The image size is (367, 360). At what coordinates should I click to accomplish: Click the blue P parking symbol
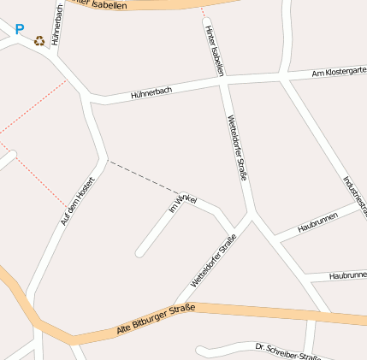20,29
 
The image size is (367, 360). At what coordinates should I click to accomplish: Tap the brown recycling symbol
39,40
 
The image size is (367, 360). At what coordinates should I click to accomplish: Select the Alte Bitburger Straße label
156,319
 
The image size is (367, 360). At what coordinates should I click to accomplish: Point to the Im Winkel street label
182,203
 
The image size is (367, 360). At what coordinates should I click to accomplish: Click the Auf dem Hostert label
76,201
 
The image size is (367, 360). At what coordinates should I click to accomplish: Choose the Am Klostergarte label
339,74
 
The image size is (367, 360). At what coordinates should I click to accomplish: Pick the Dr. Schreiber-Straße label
287,351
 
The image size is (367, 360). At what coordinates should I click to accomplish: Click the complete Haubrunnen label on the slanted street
317,222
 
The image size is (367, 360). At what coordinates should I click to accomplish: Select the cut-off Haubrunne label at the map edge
347,275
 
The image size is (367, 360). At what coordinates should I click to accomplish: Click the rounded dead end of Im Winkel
139,252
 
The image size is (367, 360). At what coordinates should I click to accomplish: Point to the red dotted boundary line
34,107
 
